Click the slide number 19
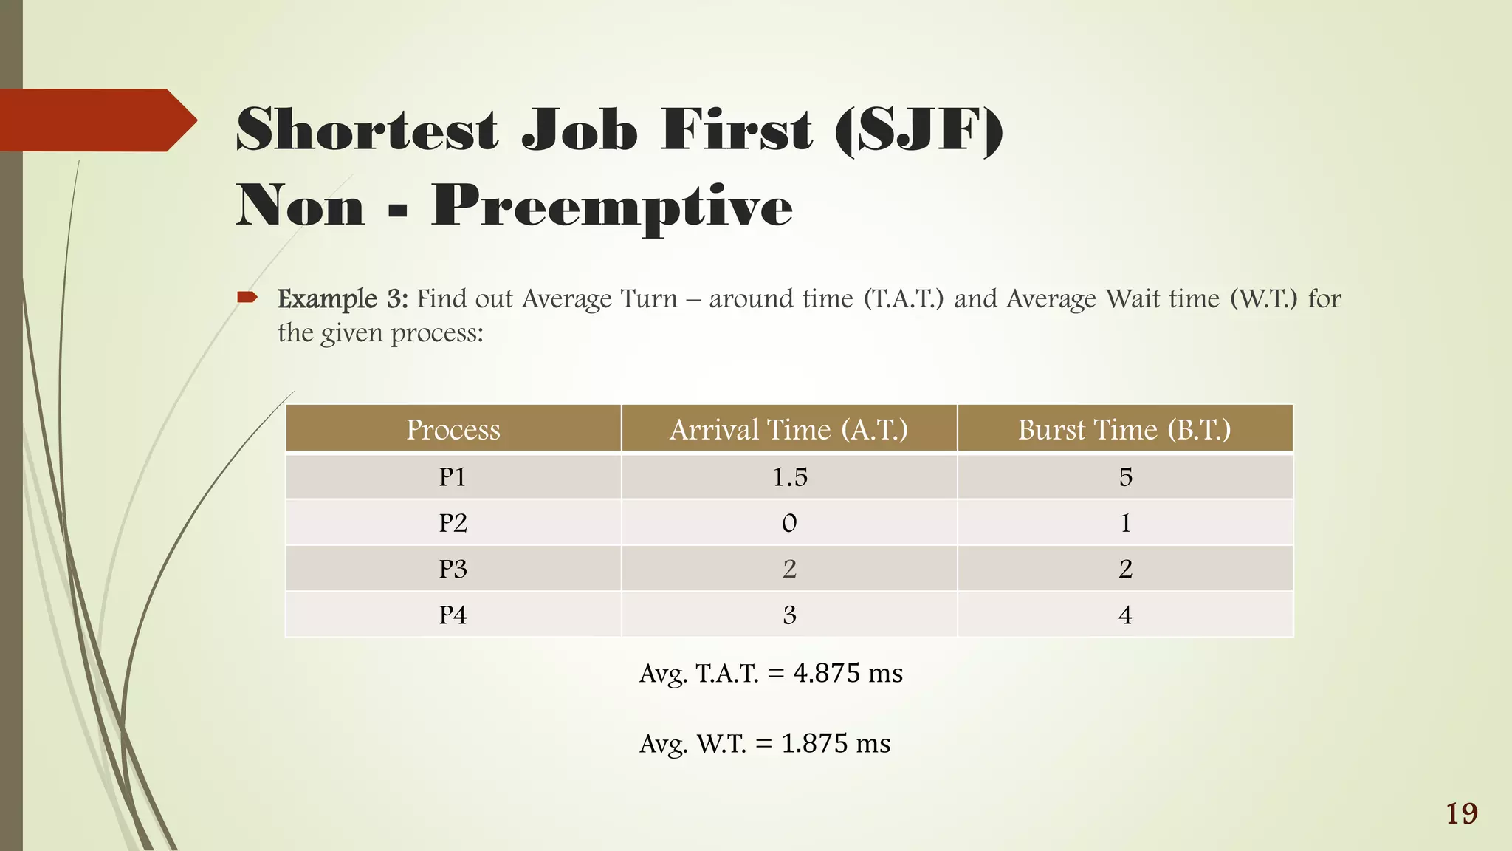(x=1461, y=813)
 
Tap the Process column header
(x=453, y=429)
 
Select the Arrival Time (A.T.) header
(x=788, y=429)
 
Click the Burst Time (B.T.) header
(x=1124, y=429)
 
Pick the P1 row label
(x=453, y=477)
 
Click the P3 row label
(x=453, y=569)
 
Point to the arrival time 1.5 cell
(x=789, y=477)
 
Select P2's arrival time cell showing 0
(x=789, y=523)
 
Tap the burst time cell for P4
(x=1124, y=615)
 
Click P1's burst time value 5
(x=1124, y=477)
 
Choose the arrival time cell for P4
(x=789, y=615)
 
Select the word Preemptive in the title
(x=611, y=206)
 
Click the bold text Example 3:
(x=342, y=298)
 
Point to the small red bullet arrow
(x=247, y=298)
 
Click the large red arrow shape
(x=96, y=120)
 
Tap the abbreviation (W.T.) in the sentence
(x=1263, y=298)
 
